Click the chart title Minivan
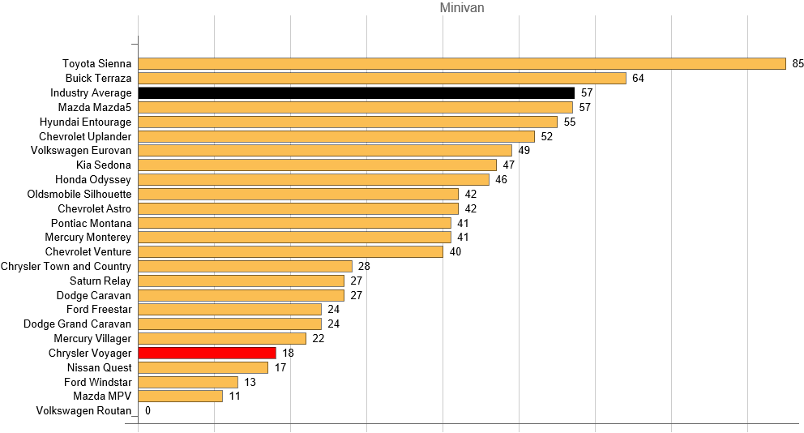(x=462, y=8)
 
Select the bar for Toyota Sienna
(x=462, y=63)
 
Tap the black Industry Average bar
(x=356, y=92)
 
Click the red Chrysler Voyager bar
(x=207, y=353)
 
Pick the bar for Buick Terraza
(x=382, y=78)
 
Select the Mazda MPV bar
(x=180, y=397)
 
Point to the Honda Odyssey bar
(x=314, y=179)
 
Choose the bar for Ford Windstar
(x=188, y=382)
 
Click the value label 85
(x=798, y=63)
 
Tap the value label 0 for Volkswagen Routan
(x=148, y=411)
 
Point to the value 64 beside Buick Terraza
(x=638, y=78)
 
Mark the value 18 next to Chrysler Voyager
(x=288, y=353)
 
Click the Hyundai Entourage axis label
(x=85, y=122)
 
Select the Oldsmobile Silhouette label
(x=79, y=194)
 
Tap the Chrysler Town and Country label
(x=66, y=266)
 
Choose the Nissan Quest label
(x=100, y=367)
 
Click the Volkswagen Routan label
(x=83, y=411)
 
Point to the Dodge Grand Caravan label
(x=77, y=324)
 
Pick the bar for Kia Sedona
(x=317, y=165)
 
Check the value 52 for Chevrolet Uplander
(x=546, y=136)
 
